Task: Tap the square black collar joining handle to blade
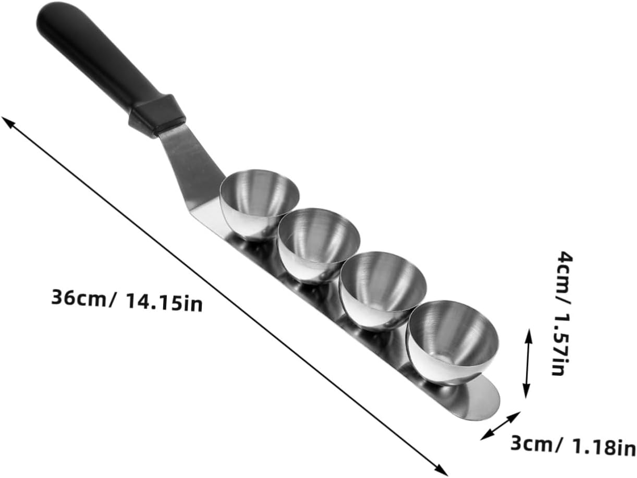[157, 116]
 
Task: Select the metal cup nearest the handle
[259, 205]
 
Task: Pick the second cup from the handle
[318, 245]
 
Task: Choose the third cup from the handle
[383, 291]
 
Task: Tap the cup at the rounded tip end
[452, 342]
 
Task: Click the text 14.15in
[165, 302]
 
